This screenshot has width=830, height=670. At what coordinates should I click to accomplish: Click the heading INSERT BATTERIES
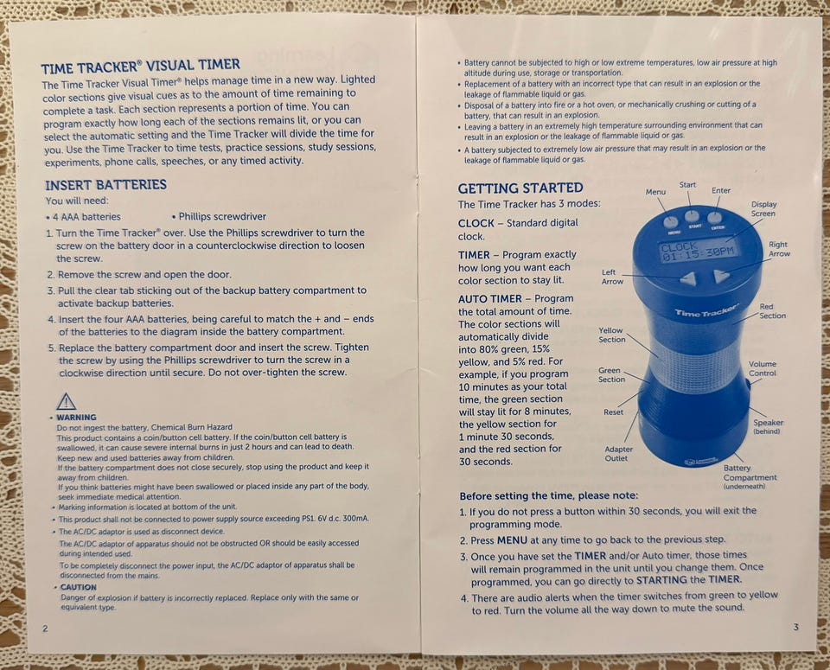tap(105, 185)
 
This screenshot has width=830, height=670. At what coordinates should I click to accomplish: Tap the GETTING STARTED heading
tap(520, 188)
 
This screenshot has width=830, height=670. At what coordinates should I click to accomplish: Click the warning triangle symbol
tap(67, 402)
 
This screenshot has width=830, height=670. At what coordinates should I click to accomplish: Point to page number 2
tap(45, 629)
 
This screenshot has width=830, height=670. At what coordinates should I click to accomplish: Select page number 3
tap(795, 627)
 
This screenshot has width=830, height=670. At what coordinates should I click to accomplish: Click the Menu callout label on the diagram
tap(655, 192)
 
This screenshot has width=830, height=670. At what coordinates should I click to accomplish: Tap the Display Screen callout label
tap(763, 208)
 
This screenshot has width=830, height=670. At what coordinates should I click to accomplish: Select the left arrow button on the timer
tap(687, 278)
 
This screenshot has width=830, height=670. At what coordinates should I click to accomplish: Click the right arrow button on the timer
tap(721, 275)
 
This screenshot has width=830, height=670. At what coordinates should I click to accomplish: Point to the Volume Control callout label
tap(763, 368)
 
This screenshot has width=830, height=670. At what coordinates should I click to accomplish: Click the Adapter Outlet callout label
tap(616, 454)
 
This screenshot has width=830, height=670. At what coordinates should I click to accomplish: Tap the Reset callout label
tap(614, 412)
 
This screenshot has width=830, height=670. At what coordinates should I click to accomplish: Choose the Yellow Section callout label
tap(611, 335)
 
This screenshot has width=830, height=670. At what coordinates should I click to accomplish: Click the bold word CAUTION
tap(79, 587)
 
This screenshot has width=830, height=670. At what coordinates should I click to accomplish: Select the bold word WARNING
tap(76, 417)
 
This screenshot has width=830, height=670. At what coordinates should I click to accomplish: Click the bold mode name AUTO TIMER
tap(489, 299)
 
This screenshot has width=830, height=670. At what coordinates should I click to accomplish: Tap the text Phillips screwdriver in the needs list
tap(222, 216)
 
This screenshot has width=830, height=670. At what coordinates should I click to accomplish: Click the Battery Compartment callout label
tap(750, 476)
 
